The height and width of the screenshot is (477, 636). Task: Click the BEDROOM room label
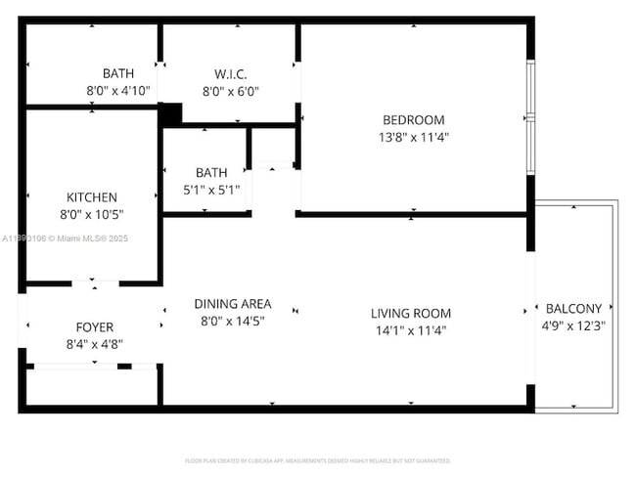tap(413, 120)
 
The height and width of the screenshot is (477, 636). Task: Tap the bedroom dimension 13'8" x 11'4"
tap(413, 138)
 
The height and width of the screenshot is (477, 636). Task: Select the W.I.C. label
tap(230, 74)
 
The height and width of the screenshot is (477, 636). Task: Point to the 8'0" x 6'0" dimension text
tap(230, 92)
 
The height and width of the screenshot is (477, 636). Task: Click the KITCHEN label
tap(92, 196)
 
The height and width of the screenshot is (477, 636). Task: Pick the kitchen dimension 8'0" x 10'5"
tap(92, 214)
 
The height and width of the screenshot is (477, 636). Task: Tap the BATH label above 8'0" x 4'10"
tap(118, 73)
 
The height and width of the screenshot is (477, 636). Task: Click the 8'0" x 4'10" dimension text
tap(118, 92)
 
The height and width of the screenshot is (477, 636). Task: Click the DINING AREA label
tap(233, 303)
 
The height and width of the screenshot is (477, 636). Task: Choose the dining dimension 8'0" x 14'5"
tap(233, 321)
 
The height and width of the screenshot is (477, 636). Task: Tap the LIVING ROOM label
tap(411, 313)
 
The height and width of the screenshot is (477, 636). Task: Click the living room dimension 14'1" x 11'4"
tap(411, 330)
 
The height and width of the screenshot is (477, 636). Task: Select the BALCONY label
tap(573, 307)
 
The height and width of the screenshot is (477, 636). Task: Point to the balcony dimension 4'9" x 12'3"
tap(573, 325)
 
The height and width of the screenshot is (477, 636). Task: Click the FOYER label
tap(95, 326)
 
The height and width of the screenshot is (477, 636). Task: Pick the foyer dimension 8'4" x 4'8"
tap(95, 344)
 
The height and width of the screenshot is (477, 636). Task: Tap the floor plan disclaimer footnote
tap(318, 459)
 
